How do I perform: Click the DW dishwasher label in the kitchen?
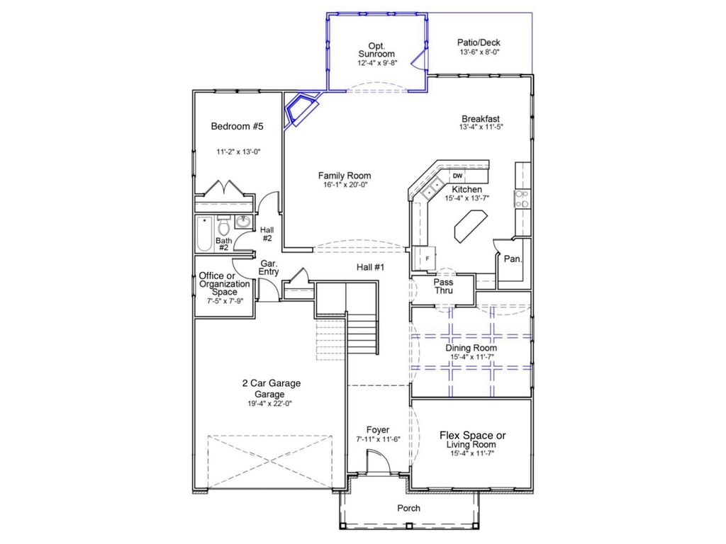[458, 176]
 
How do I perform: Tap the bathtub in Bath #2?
[204, 234]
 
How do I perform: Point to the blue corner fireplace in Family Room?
[298, 110]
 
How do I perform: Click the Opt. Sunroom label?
[376, 49]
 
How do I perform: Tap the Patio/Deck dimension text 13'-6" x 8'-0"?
[480, 52]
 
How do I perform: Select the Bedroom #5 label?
[238, 127]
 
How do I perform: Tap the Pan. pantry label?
[513, 259]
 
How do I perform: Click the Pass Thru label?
[444, 286]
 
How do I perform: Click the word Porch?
[408, 508]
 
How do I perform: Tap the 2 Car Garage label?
[271, 383]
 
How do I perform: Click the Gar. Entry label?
[269, 267]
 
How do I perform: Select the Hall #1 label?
[369, 267]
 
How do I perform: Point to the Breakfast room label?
[481, 119]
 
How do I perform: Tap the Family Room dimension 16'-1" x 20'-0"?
[344, 185]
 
